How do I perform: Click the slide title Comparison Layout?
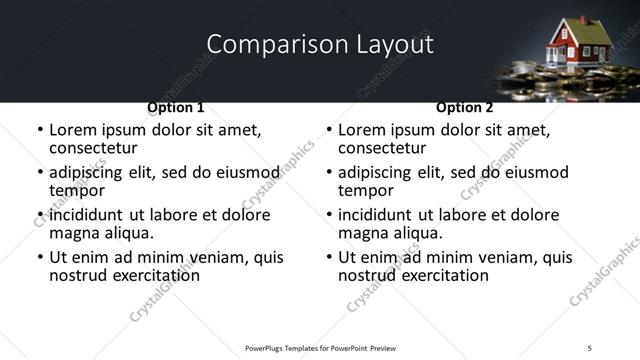click(x=320, y=45)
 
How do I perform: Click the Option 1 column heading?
click(x=176, y=107)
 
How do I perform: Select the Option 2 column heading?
click(x=465, y=107)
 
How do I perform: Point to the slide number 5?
click(x=590, y=347)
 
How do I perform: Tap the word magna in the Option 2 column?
click(x=362, y=233)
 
